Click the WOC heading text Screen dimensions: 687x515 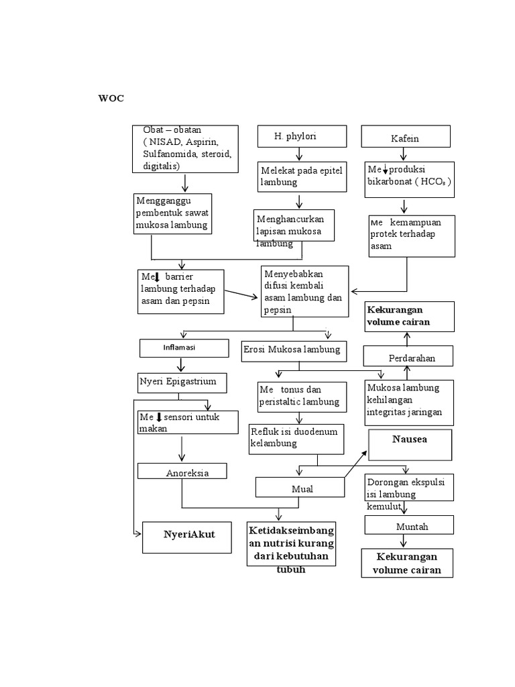(x=111, y=99)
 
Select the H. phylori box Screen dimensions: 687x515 (x=302, y=136)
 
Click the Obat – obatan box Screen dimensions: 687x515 (x=186, y=148)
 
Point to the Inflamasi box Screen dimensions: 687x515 (x=180, y=348)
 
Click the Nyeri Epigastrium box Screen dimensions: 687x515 (x=182, y=382)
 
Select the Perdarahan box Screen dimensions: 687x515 (x=408, y=356)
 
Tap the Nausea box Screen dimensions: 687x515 (x=410, y=445)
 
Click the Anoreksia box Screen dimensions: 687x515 (x=182, y=472)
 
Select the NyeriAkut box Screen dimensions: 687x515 (x=188, y=537)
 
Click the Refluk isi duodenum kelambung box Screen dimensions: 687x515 (x=296, y=439)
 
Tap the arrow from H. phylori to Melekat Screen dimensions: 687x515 (x=299, y=154)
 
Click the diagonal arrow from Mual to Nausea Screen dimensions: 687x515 (x=355, y=464)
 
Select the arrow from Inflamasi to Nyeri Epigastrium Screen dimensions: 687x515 (x=180, y=365)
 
